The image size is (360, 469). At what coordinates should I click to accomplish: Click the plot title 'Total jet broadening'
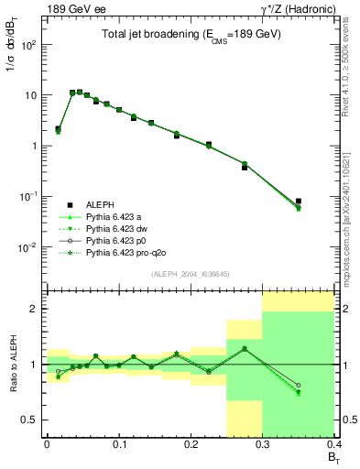pyautogui.click(x=192, y=35)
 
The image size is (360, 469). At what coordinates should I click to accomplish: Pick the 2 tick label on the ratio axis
pyautogui.click(x=38, y=309)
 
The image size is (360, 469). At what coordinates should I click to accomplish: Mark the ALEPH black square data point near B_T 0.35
pyautogui.click(x=323, y=202)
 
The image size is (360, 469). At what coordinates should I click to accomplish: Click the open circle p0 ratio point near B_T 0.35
pyautogui.click(x=323, y=386)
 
